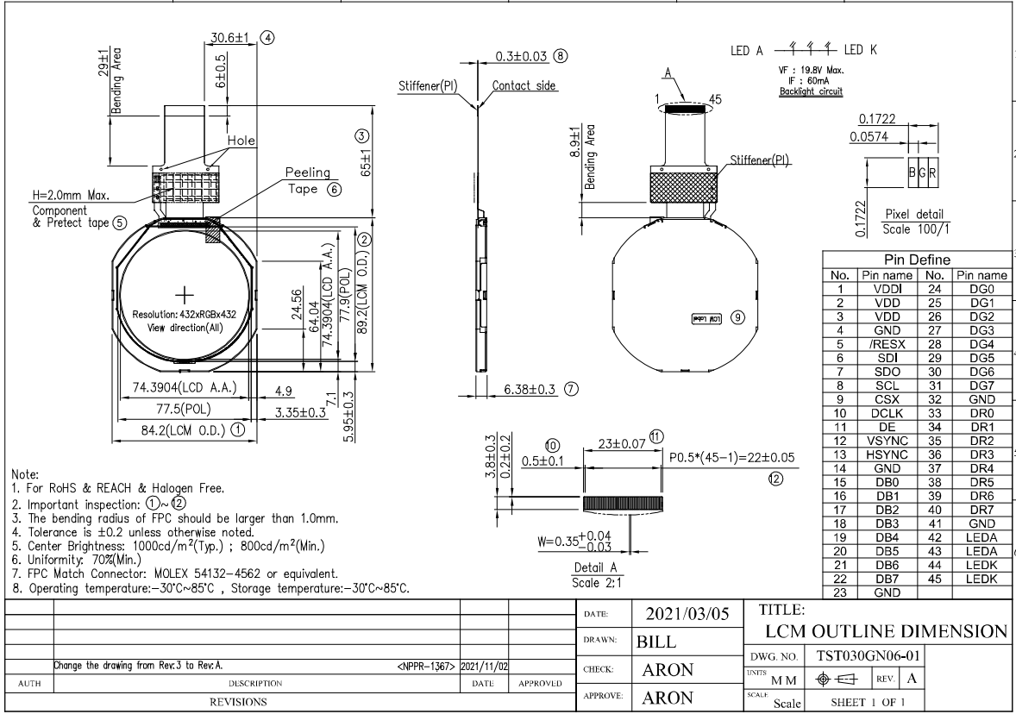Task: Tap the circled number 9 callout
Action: pyautogui.click(x=737, y=317)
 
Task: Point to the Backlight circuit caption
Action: pyautogui.click(x=811, y=91)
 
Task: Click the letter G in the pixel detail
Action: pyautogui.click(x=922, y=172)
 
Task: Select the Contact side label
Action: pyautogui.click(x=524, y=86)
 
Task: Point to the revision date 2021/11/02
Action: pyautogui.click(x=484, y=666)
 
